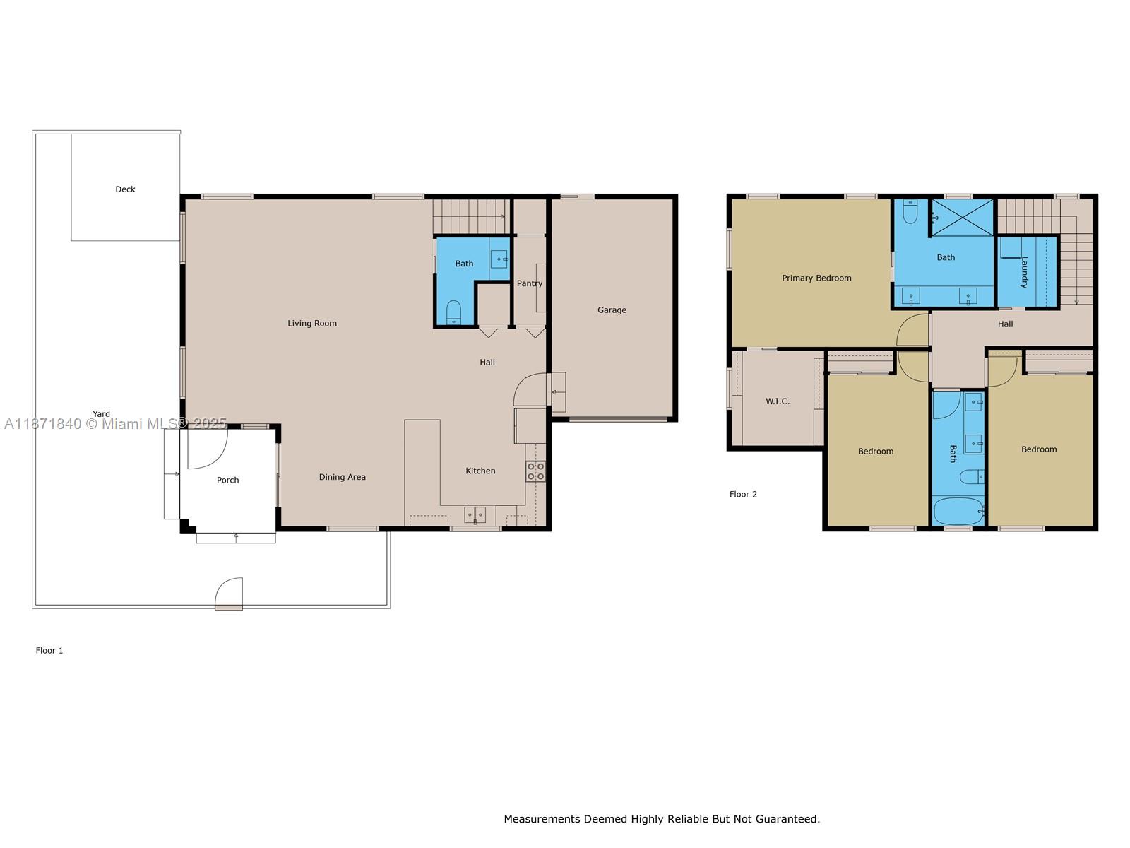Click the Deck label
pyautogui.click(x=125, y=189)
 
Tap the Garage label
pyautogui.click(x=612, y=310)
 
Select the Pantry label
pyautogui.click(x=529, y=283)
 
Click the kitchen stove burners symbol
pyautogui.click(x=535, y=471)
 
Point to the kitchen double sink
pyautogui.click(x=475, y=514)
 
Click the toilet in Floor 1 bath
pyautogui.click(x=453, y=312)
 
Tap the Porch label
pyautogui.click(x=227, y=481)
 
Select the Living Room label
pyautogui.click(x=312, y=324)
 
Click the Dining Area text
pyautogui.click(x=342, y=477)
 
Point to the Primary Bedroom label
pyautogui.click(x=816, y=278)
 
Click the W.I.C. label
pyautogui.click(x=778, y=401)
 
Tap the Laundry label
pyautogui.click(x=1024, y=272)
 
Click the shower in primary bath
pyautogui.click(x=962, y=217)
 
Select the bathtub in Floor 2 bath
pyautogui.click(x=958, y=511)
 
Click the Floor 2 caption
pyautogui.click(x=743, y=495)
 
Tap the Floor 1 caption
pyautogui.click(x=49, y=651)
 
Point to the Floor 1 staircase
pyautogui.click(x=470, y=216)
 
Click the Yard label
pyautogui.click(x=101, y=414)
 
